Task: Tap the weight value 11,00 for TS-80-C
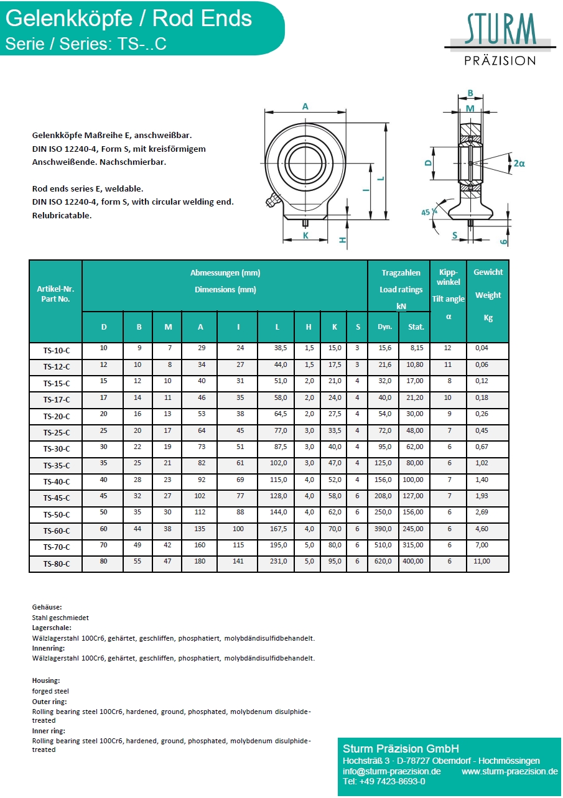coord(482,561)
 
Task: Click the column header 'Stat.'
coord(416,327)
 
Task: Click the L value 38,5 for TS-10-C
coord(277,348)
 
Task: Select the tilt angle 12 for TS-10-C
coord(449,348)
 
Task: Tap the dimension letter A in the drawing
coord(305,106)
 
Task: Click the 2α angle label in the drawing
coord(519,163)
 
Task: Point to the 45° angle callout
coord(429,212)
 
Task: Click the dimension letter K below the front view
coord(305,235)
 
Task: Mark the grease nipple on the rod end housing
coord(271,201)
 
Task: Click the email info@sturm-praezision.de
coord(391,771)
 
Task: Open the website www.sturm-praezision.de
coord(509,771)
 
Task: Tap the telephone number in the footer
coord(384,782)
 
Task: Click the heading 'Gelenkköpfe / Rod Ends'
coord(129,19)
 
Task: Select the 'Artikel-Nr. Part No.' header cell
coord(55,294)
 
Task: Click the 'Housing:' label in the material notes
coord(46,681)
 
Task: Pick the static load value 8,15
coord(416,348)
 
